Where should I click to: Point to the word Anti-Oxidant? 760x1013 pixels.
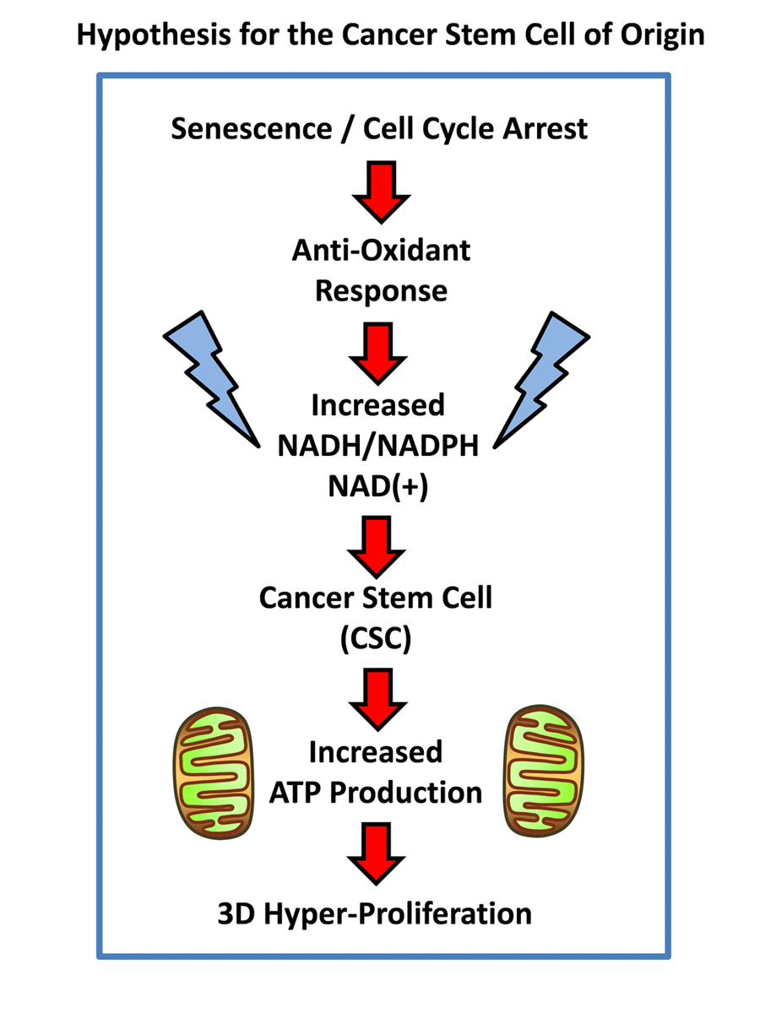pos(381,251)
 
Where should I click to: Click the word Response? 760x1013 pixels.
pos(381,290)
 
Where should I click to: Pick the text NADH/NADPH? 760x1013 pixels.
pos(378,446)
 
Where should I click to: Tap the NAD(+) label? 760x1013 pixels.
pos(378,486)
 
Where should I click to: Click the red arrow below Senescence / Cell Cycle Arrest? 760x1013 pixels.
pos(381,192)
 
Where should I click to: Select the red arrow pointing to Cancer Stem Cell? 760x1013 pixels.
pos(377,545)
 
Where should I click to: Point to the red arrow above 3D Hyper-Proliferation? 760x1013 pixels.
pos(376,853)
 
